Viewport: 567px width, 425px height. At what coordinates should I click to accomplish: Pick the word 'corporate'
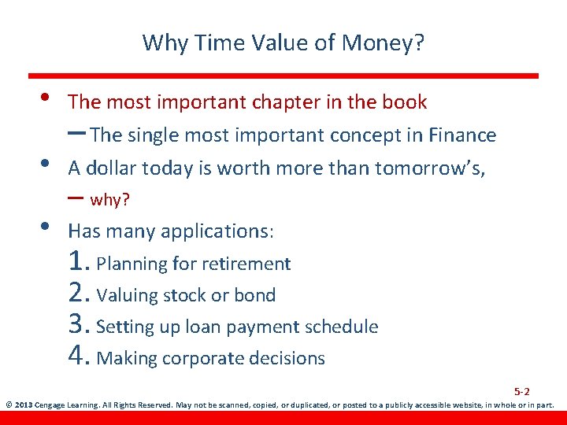tap(206, 359)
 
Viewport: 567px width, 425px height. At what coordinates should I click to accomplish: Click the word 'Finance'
tap(462, 135)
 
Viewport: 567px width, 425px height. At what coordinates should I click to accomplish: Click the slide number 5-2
tap(522, 391)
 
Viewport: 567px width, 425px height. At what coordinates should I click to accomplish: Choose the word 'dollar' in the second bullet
tap(109, 168)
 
